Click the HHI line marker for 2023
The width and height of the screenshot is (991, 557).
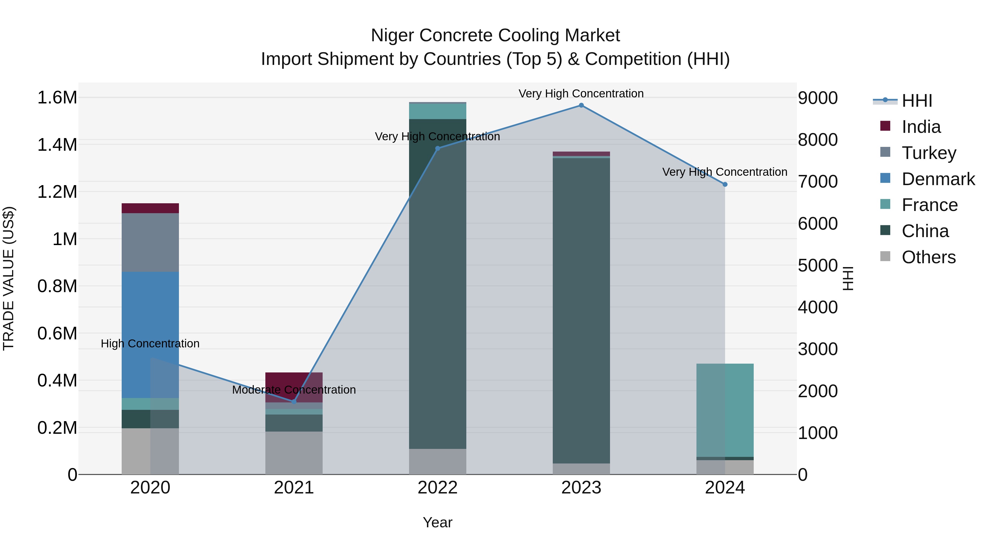tap(581, 105)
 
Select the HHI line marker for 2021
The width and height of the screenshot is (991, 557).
tap(294, 402)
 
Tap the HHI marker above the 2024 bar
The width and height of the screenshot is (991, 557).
tap(725, 185)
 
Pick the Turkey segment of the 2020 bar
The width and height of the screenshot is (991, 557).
tap(150, 242)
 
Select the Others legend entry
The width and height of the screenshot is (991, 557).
tap(928, 257)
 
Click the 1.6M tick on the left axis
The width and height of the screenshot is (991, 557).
tap(57, 98)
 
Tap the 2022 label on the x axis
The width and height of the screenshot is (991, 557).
tap(437, 488)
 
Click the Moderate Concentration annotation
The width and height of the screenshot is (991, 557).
tap(294, 390)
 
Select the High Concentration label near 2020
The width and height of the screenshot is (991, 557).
tap(150, 343)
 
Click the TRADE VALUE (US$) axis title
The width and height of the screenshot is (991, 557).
tap(9, 278)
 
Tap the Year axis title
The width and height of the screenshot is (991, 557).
tap(437, 522)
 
